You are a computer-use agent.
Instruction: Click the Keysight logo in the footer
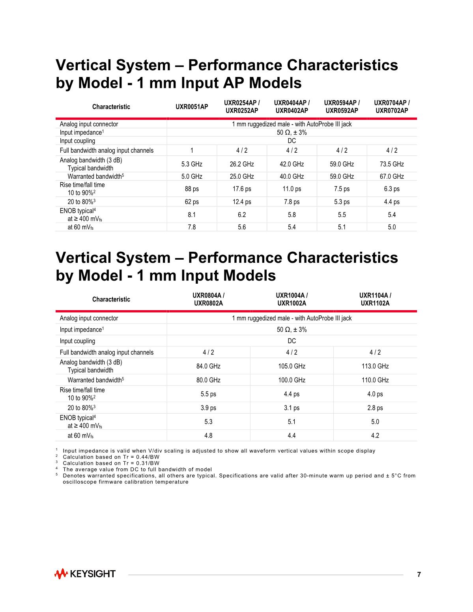[85, 574]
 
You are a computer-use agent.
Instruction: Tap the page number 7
[419, 574]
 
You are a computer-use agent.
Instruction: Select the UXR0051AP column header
[192, 107]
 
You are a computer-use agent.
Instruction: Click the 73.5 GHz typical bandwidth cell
[392, 164]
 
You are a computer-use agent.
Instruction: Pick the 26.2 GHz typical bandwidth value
[242, 164]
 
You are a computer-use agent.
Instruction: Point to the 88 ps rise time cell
[192, 189]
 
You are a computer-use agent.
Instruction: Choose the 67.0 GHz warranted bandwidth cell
[392, 176]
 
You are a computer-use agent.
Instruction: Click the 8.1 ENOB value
[192, 215]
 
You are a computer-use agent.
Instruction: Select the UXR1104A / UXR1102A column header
[375, 299]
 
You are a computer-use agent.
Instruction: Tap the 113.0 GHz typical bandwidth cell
[375, 366]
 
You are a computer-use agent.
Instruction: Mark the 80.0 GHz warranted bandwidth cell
[208, 380]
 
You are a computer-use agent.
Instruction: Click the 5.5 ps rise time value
[208, 394]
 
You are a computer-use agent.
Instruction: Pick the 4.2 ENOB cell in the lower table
[375, 435]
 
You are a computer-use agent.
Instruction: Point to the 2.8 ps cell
[375, 408]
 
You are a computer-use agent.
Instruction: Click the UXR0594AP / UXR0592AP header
[342, 107]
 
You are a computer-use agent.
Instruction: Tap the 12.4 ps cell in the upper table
[242, 202]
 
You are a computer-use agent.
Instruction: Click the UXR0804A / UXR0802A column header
[208, 299]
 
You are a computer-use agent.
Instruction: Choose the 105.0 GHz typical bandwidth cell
[292, 366]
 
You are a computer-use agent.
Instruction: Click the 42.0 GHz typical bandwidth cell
[292, 164]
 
